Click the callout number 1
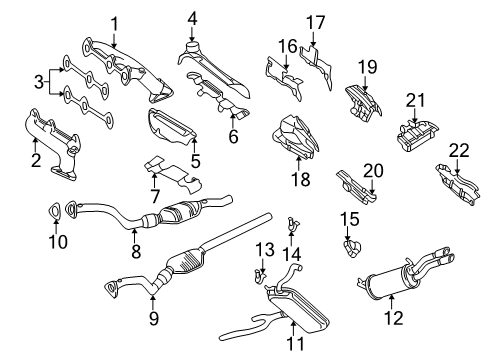coord(115,24)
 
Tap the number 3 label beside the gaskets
coord(39,82)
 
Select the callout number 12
coord(394,318)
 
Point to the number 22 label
coord(459,151)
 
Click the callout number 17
coord(315,23)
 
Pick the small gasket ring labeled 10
coord(54,212)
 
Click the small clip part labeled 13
coord(260,276)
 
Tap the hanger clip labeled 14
coord(292,224)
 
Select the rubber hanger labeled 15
coord(352,248)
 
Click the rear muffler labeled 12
coord(405,278)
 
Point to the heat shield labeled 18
coord(296,137)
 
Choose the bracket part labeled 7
coord(174,174)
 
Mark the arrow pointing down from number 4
coord(192,34)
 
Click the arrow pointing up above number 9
coord(153,302)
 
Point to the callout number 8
coord(136,251)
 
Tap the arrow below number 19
coord(366,83)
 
